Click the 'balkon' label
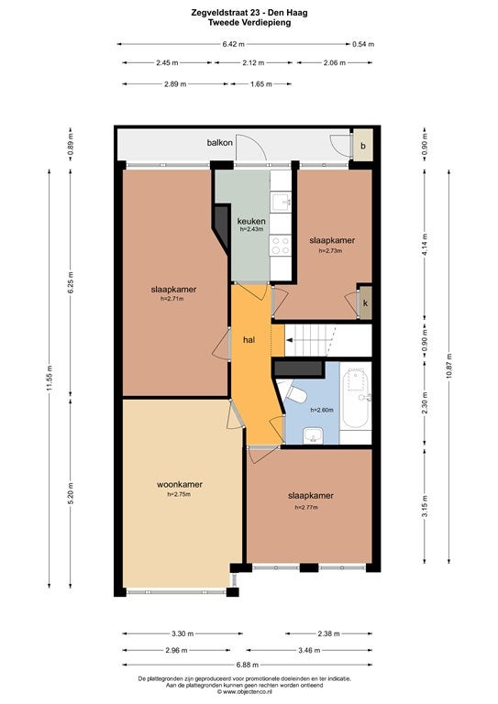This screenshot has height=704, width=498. coord(219,143)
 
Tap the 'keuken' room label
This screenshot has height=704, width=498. coord(251,221)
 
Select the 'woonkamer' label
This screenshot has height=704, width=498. coord(179,484)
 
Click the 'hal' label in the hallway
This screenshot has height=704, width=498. coord(249,340)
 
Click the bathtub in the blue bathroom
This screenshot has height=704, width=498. coord(356,398)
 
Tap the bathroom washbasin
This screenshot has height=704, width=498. coord(313,435)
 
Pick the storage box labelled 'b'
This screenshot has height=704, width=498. coord(363,146)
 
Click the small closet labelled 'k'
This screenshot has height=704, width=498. coord(366,303)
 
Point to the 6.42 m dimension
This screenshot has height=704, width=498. coord(234,44)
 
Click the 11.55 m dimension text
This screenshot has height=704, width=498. coord(50,378)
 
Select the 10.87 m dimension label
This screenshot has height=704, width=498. coord(449,366)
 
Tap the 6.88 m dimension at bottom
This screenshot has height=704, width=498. coord(247,665)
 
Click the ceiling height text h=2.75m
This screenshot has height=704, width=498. coord(179,494)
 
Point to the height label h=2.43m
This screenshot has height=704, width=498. coord(251,229)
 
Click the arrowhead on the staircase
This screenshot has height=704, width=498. coord(290,341)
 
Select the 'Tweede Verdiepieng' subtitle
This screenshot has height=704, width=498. coord(249,22)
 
